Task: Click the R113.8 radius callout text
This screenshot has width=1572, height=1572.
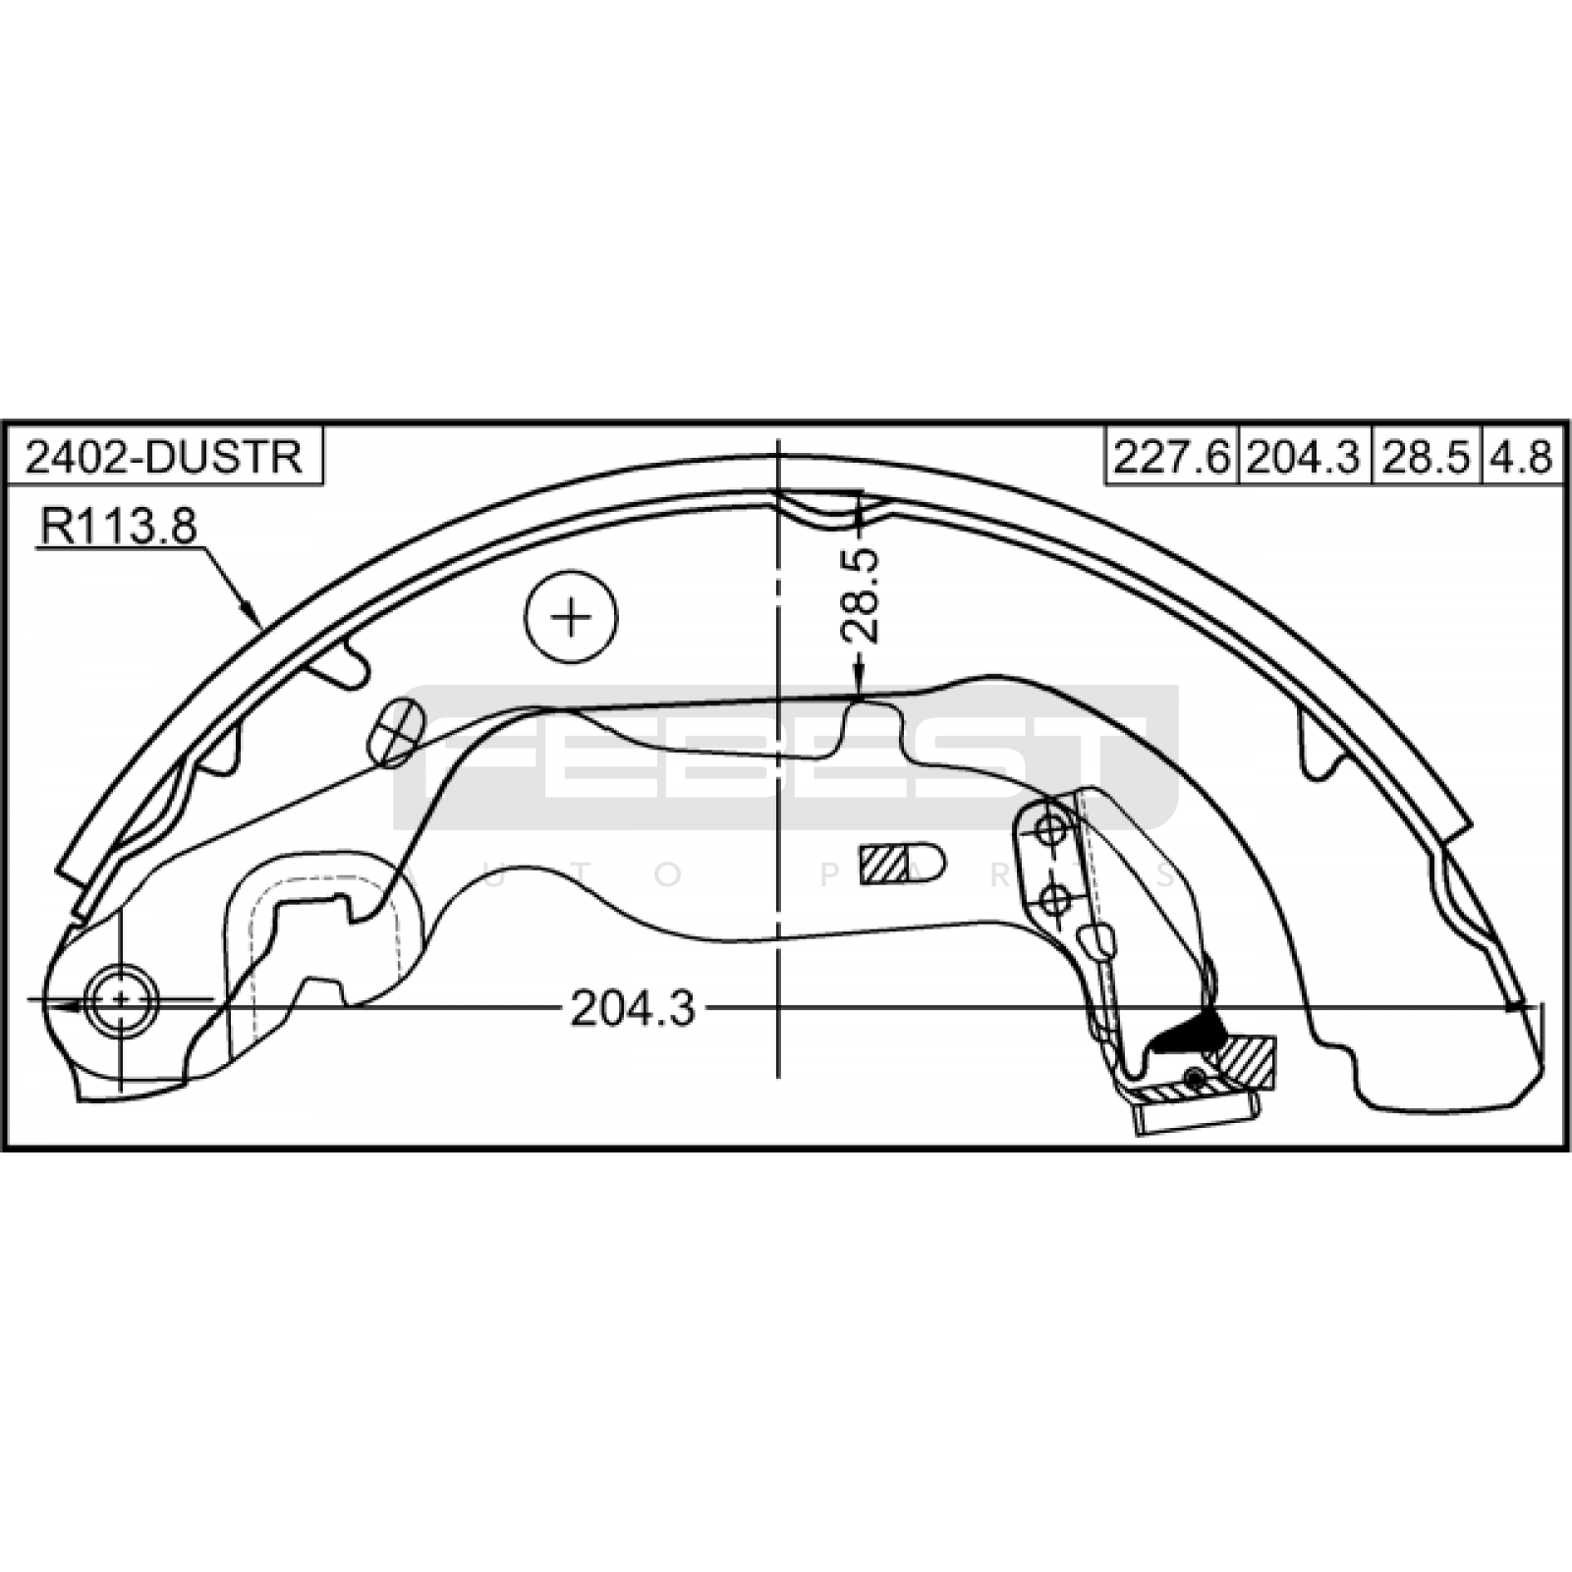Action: click(118, 527)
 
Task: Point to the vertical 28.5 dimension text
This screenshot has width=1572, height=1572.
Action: click(861, 595)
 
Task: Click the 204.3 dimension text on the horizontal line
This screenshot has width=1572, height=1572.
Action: click(633, 1008)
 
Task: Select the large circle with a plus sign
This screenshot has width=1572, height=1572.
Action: click(571, 617)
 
